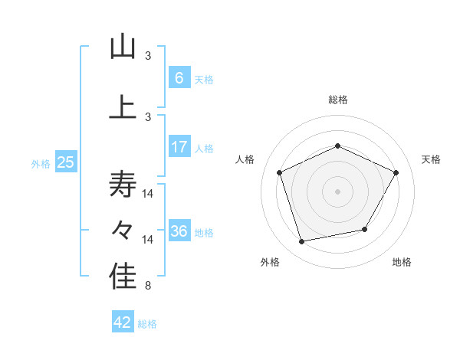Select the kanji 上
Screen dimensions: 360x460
123,108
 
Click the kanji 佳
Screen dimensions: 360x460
123,278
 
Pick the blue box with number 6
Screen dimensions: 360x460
179,78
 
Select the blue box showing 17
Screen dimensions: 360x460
179,146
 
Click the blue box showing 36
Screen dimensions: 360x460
179,231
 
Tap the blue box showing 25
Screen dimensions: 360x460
65,162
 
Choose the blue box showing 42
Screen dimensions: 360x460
123,322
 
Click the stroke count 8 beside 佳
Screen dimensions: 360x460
148,286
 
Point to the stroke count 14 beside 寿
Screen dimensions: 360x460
149,193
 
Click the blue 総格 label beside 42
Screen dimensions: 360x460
147,324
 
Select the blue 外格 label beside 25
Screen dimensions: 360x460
41,163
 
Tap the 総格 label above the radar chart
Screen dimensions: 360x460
337,100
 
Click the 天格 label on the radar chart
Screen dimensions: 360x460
432,159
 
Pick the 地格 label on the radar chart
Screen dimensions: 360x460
402,262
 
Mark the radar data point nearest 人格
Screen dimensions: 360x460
280,172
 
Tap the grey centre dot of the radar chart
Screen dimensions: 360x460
337,191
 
